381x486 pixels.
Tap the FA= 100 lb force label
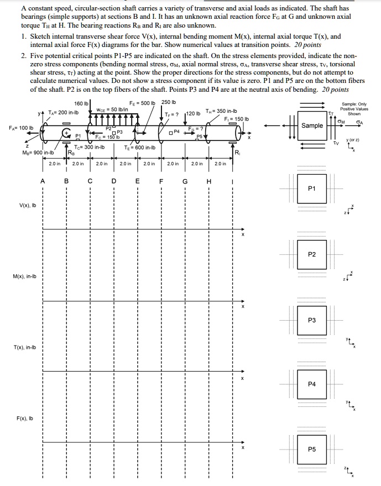20,128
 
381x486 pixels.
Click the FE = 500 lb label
142,103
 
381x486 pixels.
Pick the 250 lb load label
169,103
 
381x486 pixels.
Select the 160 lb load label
81,103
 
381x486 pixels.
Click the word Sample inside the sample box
312,126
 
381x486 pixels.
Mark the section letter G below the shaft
185,180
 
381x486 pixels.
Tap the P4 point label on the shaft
176,131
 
